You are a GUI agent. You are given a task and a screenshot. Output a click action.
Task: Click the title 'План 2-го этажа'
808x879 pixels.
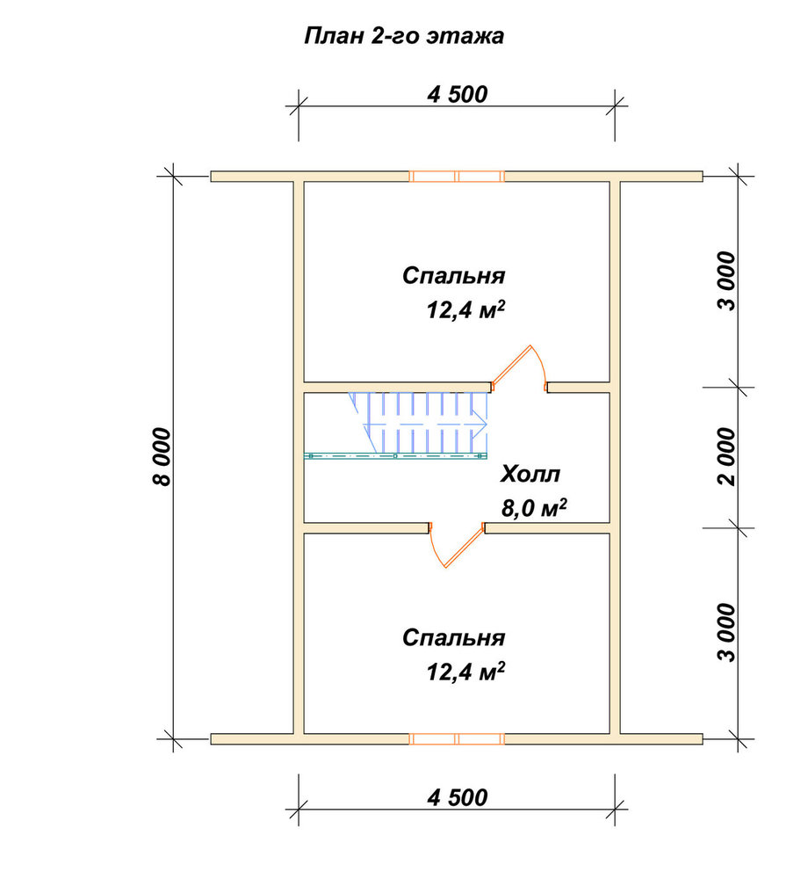[x=404, y=36]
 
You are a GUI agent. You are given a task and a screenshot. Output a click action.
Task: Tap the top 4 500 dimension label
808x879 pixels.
[x=457, y=94]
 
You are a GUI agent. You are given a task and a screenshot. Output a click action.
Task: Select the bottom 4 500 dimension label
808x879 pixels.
[x=457, y=797]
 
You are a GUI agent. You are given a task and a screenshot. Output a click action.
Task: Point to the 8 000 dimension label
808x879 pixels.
[x=162, y=456]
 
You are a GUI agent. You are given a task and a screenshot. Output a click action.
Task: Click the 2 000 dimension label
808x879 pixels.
[x=727, y=456]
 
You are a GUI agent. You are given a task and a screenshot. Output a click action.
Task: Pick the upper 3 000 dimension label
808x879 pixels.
[x=727, y=281]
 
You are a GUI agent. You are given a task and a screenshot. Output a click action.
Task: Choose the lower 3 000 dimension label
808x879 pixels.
[x=727, y=632]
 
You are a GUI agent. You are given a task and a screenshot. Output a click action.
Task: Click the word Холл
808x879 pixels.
[x=530, y=475]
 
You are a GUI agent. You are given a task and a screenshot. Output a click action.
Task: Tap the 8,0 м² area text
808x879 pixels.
[x=534, y=508]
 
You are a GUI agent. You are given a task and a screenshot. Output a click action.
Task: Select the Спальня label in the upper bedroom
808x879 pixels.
[x=453, y=276]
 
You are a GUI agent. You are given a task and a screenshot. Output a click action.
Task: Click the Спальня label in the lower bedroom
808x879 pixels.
[x=453, y=638]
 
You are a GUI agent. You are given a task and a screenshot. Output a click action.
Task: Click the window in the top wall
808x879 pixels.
[x=457, y=177]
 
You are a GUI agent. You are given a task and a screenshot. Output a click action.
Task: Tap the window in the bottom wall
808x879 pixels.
[x=457, y=739]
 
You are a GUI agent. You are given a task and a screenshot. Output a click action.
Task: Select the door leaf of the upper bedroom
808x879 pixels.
[x=510, y=365]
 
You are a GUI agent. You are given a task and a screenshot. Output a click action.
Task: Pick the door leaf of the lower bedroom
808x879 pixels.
[x=465, y=547]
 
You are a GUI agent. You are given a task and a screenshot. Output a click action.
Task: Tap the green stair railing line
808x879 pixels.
[x=395, y=456]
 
